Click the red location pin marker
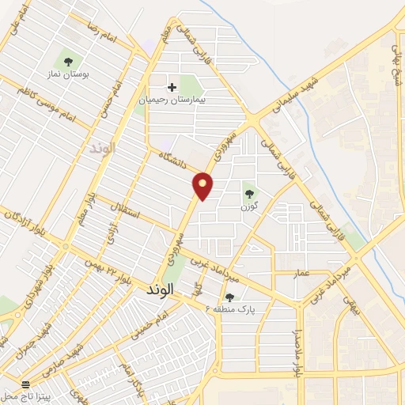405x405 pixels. point(203,186)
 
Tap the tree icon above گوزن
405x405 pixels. point(249,193)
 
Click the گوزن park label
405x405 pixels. point(250,206)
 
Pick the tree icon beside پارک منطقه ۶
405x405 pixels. point(229,298)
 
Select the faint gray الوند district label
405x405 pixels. point(103,147)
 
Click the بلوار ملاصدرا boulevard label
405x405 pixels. point(298,350)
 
